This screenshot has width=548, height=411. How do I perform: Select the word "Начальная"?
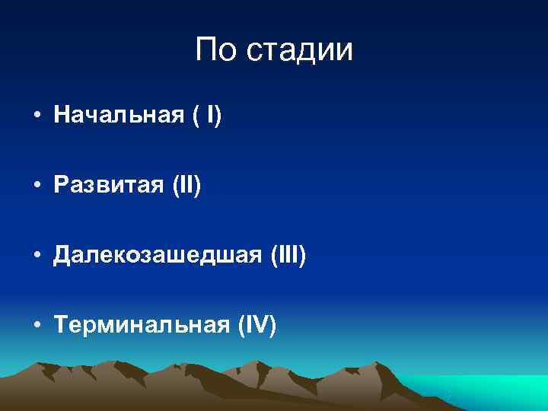[119, 116]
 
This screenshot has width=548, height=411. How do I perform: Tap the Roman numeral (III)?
[288, 256]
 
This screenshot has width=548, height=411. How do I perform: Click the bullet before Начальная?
[36, 118]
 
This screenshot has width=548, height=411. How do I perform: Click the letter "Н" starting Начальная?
[61, 116]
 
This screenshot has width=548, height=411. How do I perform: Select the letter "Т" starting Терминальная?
[61, 326]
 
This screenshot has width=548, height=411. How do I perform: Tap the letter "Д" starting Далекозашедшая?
[62, 256]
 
